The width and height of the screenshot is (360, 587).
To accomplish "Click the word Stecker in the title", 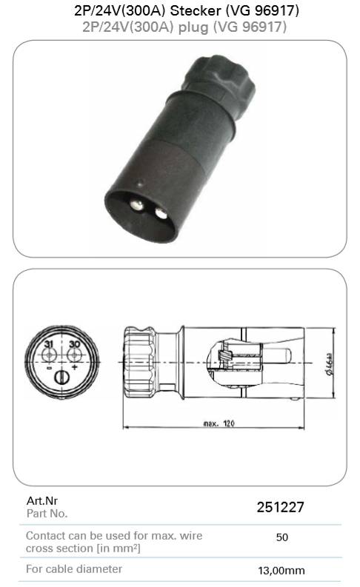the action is [196, 10].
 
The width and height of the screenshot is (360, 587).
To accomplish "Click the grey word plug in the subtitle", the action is [193, 27].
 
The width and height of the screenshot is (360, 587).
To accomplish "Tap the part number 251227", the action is [280, 507].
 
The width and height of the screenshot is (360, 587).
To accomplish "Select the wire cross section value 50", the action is [281, 537].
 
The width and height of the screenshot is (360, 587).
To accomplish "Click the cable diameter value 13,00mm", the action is [281, 571].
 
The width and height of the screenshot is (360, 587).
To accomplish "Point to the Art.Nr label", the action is [42, 500].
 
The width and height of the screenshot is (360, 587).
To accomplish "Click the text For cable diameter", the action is [74, 569].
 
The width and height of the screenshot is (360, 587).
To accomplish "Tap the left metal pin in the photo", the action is [137, 205].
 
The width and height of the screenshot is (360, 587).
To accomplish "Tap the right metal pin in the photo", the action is [161, 213].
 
